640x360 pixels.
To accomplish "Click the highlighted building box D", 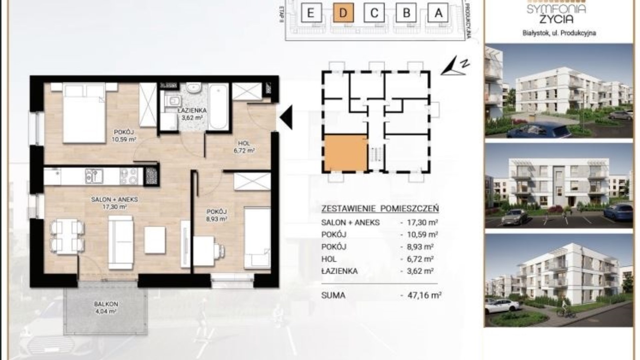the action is pyautogui.click(x=343, y=13).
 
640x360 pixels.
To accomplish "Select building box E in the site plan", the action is pyautogui.click(x=310, y=13).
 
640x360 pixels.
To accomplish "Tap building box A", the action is pyautogui.click(x=438, y=13).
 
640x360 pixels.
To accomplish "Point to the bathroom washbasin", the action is pyautogui.click(x=193, y=88).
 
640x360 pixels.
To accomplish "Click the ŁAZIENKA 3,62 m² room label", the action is pyautogui.click(x=192, y=114).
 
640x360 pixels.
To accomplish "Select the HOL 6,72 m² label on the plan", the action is pyautogui.click(x=244, y=147).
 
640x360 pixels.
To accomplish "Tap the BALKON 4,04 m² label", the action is pyautogui.click(x=106, y=308).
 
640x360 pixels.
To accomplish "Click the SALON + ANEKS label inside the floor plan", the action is pyautogui.click(x=114, y=199).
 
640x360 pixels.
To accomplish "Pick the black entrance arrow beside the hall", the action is pyautogui.click(x=286, y=117).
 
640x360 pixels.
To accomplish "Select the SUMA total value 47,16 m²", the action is pyautogui.click(x=421, y=295).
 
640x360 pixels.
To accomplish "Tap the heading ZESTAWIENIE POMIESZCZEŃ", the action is pyautogui.click(x=380, y=209).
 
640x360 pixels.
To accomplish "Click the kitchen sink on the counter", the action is pyautogui.click(x=94, y=176).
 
